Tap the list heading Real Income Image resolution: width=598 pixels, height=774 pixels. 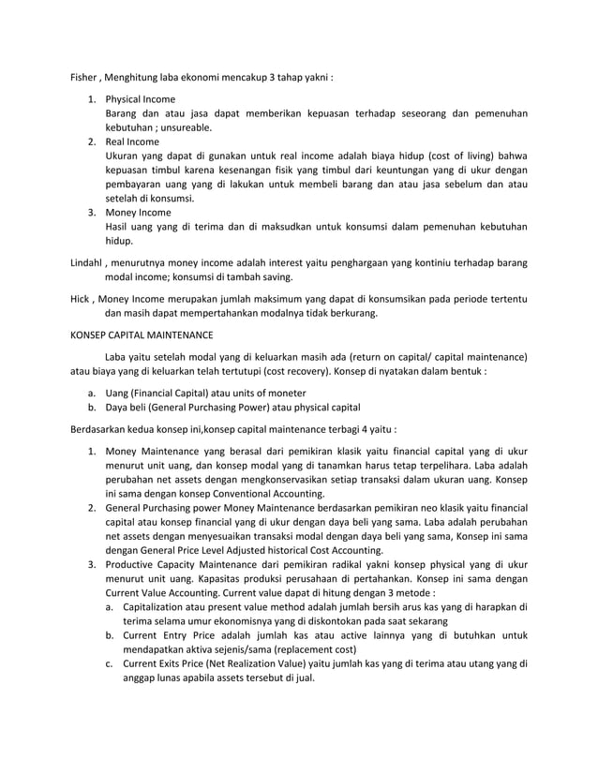[x=132, y=141]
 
